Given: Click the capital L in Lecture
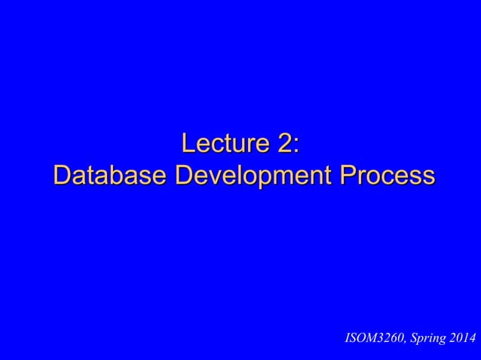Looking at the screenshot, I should click(189, 142).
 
